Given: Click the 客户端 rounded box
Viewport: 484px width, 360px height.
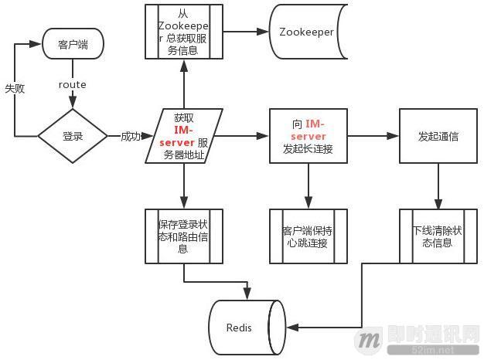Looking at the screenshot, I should (73, 45).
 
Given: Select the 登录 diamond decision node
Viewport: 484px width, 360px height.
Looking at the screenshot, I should (73, 136).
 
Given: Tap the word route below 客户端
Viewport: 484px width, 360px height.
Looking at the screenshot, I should (73, 85).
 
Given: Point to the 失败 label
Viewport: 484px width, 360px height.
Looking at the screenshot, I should (15, 89).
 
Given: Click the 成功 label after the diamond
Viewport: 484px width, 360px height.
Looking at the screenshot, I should (131, 137).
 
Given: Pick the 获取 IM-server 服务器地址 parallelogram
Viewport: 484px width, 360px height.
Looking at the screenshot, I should (184, 136).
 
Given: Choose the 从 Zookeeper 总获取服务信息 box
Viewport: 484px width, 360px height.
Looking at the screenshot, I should (183, 31).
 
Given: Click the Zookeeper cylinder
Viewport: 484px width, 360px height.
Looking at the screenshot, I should (306, 32).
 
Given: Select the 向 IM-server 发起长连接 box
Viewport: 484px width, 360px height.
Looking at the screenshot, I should (308, 136).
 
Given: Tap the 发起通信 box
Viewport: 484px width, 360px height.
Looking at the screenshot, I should (438, 136).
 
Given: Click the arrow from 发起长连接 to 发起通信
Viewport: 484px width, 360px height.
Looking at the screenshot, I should (373, 136).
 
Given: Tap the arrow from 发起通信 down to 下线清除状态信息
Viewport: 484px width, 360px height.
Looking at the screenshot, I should (438, 185).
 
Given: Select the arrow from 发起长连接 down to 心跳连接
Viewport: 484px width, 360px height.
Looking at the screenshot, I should (308, 185).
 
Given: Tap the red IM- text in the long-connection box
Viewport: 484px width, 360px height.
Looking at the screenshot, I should (315, 124).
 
